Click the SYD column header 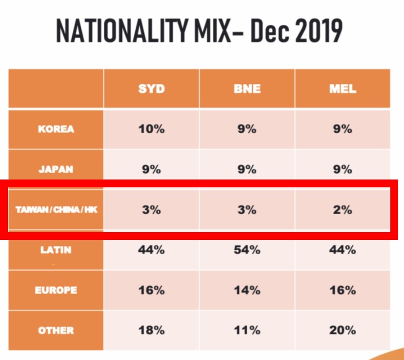click(x=151, y=89)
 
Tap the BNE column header click(x=247, y=89)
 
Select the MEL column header click(x=343, y=89)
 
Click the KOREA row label click(x=56, y=129)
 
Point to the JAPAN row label click(x=56, y=170)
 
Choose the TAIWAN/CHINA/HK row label click(x=56, y=210)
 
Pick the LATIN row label click(x=56, y=250)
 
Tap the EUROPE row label click(x=56, y=290)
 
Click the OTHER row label click(x=56, y=330)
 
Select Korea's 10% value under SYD click(x=151, y=129)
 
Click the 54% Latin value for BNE click(x=247, y=250)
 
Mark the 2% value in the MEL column click(x=343, y=210)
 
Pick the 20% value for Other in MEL click(x=343, y=330)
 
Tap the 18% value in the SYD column click(x=151, y=330)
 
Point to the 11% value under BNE click(x=247, y=330)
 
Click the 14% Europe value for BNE click(x=247, y=290)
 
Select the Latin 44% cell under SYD click(x=151, y=250)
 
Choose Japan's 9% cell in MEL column click(x=343, y=170)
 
